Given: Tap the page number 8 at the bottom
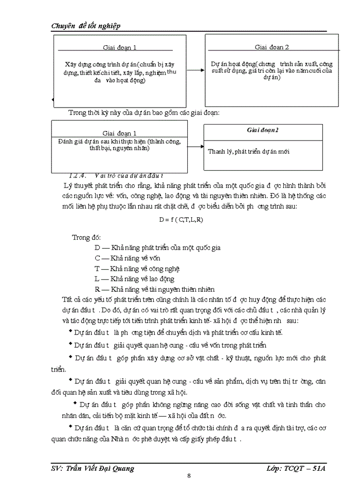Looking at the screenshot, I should point(189,475).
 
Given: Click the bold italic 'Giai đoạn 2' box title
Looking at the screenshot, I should point(263,131).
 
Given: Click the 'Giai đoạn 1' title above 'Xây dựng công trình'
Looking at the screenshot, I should point(119,48).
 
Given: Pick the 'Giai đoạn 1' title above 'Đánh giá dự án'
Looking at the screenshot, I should point(119,133).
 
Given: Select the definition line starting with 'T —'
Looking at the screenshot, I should point(137,269).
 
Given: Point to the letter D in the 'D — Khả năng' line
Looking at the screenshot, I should point(97,248).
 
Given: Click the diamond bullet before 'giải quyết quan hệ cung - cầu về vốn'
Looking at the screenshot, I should point(70,344).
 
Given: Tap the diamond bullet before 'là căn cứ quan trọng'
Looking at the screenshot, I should point(70,427).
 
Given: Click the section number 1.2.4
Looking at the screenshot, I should point(79,175).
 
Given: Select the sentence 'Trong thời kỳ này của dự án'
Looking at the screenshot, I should point(144,113).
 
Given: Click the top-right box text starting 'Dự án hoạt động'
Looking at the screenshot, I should point(272,70).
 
